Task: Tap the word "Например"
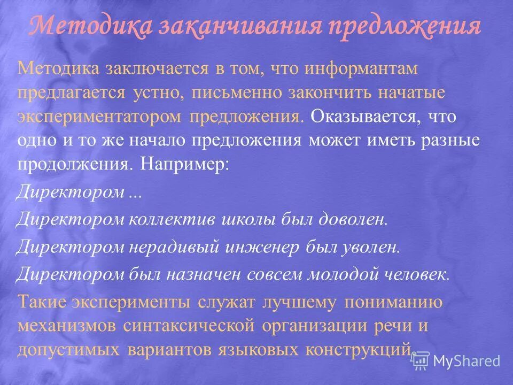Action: point(185,165)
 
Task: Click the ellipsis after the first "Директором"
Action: point(135,193)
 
